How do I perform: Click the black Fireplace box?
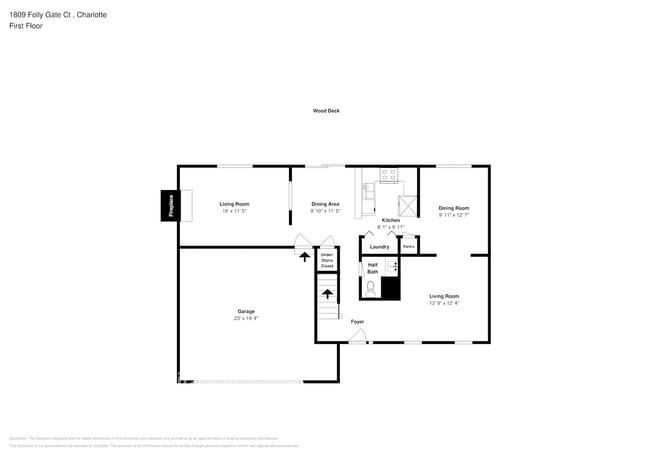(x=170, y=206)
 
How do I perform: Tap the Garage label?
(x=246, y=312)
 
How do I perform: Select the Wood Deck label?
(x=326, y=111)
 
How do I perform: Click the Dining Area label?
(x=325, y=204)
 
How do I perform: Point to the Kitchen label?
(x=390, y=220)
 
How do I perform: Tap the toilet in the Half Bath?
(x=370, y=288)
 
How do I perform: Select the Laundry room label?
(x=379, y=246)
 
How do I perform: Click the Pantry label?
(x=408, y=246)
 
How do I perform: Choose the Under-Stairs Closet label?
(x=326, y=260)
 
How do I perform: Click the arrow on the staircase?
(x=326, y=296)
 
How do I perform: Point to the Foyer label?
(x=357, y=321)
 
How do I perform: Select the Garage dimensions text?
(x=246, y=319)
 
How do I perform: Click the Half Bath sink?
(x=392, y=267)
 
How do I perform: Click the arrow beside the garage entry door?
(x=304, y=256)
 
